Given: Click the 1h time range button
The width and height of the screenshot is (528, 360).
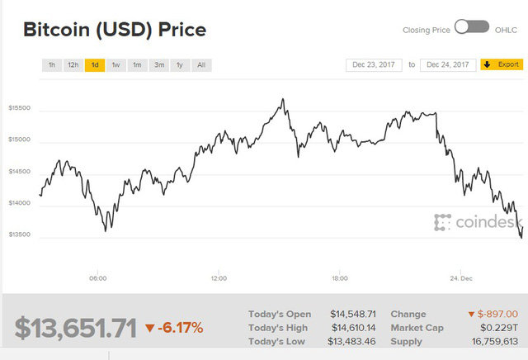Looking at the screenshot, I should tap(52, 64).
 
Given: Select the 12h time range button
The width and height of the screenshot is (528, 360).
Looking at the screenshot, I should tap(73, 64).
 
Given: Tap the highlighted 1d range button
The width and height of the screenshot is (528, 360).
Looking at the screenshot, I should tap(95, 64).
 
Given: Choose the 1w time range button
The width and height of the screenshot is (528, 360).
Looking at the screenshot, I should tap(115, 64).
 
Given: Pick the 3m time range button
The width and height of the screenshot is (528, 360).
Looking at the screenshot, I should tap(158, 64).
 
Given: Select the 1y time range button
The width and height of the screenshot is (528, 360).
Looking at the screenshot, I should tap(179, 64).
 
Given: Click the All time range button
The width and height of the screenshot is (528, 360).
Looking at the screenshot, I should tap(201, 64).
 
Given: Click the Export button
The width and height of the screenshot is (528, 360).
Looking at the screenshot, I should tap(502, 64).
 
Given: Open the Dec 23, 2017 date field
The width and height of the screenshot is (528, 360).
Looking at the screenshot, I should tap(374, 64).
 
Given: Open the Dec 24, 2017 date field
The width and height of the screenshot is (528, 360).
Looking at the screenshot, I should tap(448, 64).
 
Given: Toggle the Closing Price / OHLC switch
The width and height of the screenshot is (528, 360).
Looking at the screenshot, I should tap(472, 28).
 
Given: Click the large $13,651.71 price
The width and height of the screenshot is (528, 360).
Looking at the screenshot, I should tap(74, 328).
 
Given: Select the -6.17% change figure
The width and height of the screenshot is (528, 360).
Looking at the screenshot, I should tap(174, 328).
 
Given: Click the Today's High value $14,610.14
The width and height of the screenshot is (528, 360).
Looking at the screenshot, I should tap(353, 328).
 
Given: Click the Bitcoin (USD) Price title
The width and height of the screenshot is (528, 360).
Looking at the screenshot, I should tap(114, 30).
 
